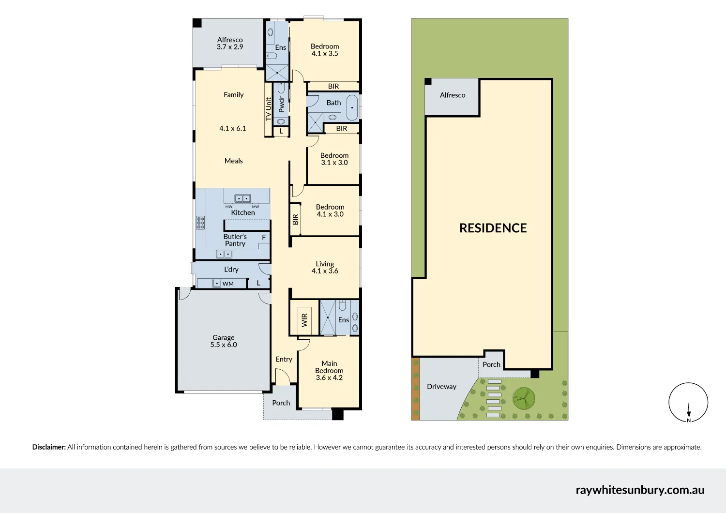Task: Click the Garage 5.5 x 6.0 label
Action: pos(224,341)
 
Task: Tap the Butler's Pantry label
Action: pos(235,240)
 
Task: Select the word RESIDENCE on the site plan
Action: pos(493,228)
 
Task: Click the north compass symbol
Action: pos(688,403)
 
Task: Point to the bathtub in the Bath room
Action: pos(352,108)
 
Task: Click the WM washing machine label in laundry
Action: pos(228,284)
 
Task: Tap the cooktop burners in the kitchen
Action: pos(200,223)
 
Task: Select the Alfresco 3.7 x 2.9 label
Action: pos(230,44)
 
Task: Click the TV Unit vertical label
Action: pos(269,109)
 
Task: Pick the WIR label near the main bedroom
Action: pos(304,320)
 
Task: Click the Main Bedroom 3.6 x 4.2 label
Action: pos(329,370)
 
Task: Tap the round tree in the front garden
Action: pos(524,399)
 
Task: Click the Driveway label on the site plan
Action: pos(441,386)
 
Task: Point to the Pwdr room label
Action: pos(281,104)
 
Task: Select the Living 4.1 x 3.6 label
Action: pos(325,267)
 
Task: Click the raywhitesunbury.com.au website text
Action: pos(640,490)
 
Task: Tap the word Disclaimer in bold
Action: pos(49,447)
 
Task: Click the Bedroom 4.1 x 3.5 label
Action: pos(325,50)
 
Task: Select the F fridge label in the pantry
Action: pos(264,237)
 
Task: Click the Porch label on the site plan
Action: pos(491,364)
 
